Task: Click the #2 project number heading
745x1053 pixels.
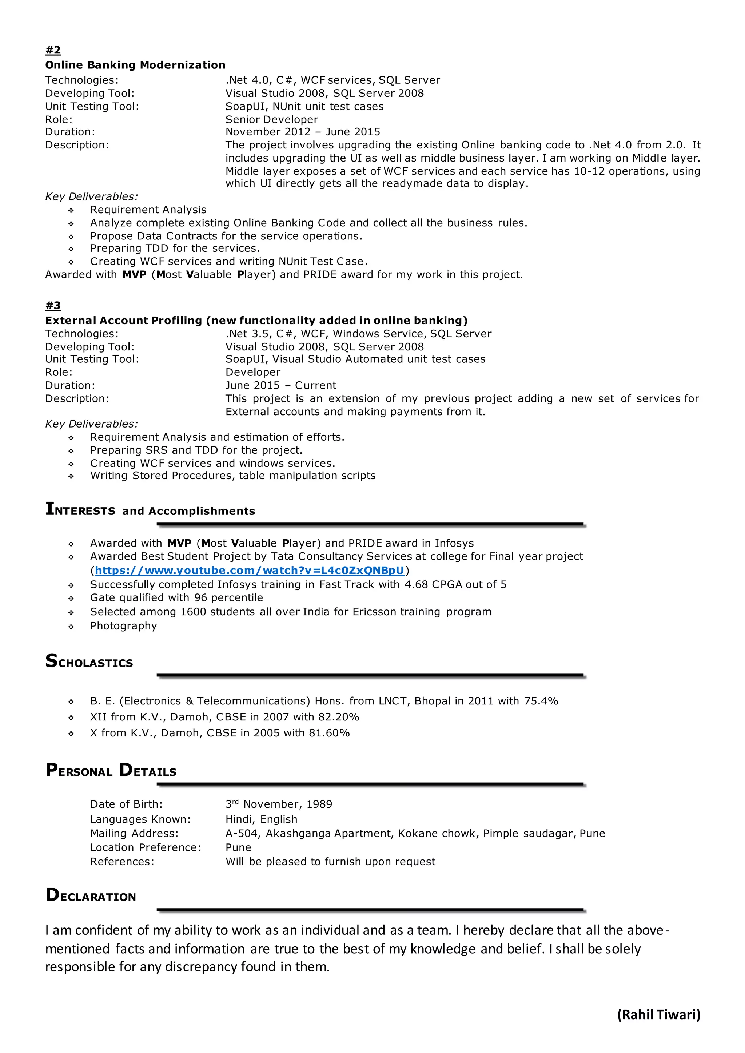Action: click(x=53, y=49)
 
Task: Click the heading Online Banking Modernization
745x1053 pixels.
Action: click(x=135, y=65)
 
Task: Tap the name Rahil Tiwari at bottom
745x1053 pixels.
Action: click(x=658, y=1014)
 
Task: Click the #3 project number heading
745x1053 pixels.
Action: click(x=53, y=305)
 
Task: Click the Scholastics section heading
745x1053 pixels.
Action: click(x=89, y=661)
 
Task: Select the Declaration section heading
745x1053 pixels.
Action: click(x=91, y=895)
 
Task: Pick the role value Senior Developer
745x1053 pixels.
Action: click(x=272, y=119)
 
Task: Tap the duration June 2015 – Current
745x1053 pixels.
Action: click(x=281, y=385)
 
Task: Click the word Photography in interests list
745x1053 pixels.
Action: click(x=123, y=626)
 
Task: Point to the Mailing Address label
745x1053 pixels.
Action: click(x=134, y=833)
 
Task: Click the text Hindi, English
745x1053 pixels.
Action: click(x=261, y=819)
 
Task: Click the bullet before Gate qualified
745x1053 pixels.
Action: click(x=71, y=598)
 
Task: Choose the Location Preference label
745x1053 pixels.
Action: click(x=146, y=847)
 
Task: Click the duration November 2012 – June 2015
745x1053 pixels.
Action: click(x=302, y=132)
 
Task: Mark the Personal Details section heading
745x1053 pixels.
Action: click(x=111, y=770)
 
